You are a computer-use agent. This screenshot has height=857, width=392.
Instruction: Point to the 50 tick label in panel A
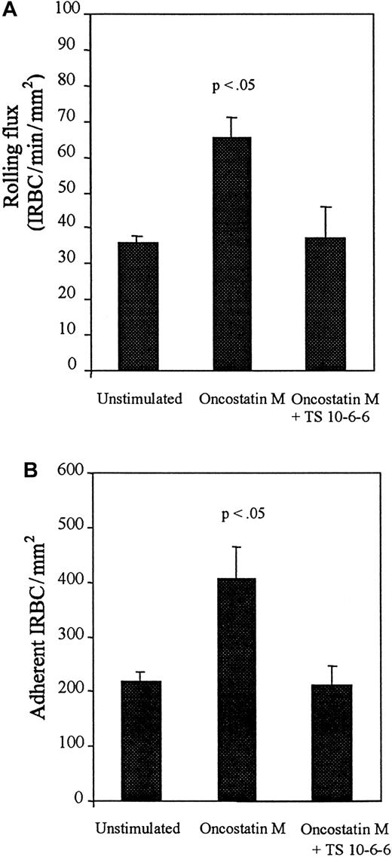75,192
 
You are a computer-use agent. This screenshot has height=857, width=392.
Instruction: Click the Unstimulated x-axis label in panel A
139,399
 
